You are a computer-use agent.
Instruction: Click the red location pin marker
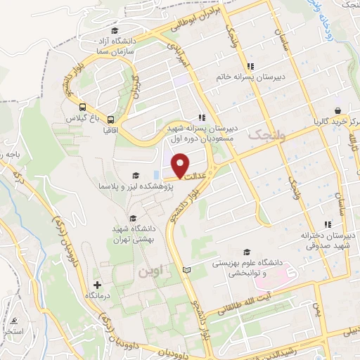(181, 165)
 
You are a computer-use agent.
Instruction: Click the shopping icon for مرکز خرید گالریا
(338, 110)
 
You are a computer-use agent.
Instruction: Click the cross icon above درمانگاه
(98, 286)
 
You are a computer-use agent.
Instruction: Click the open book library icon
(186, 270)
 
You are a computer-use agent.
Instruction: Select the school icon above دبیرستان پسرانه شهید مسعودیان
(202, 118)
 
